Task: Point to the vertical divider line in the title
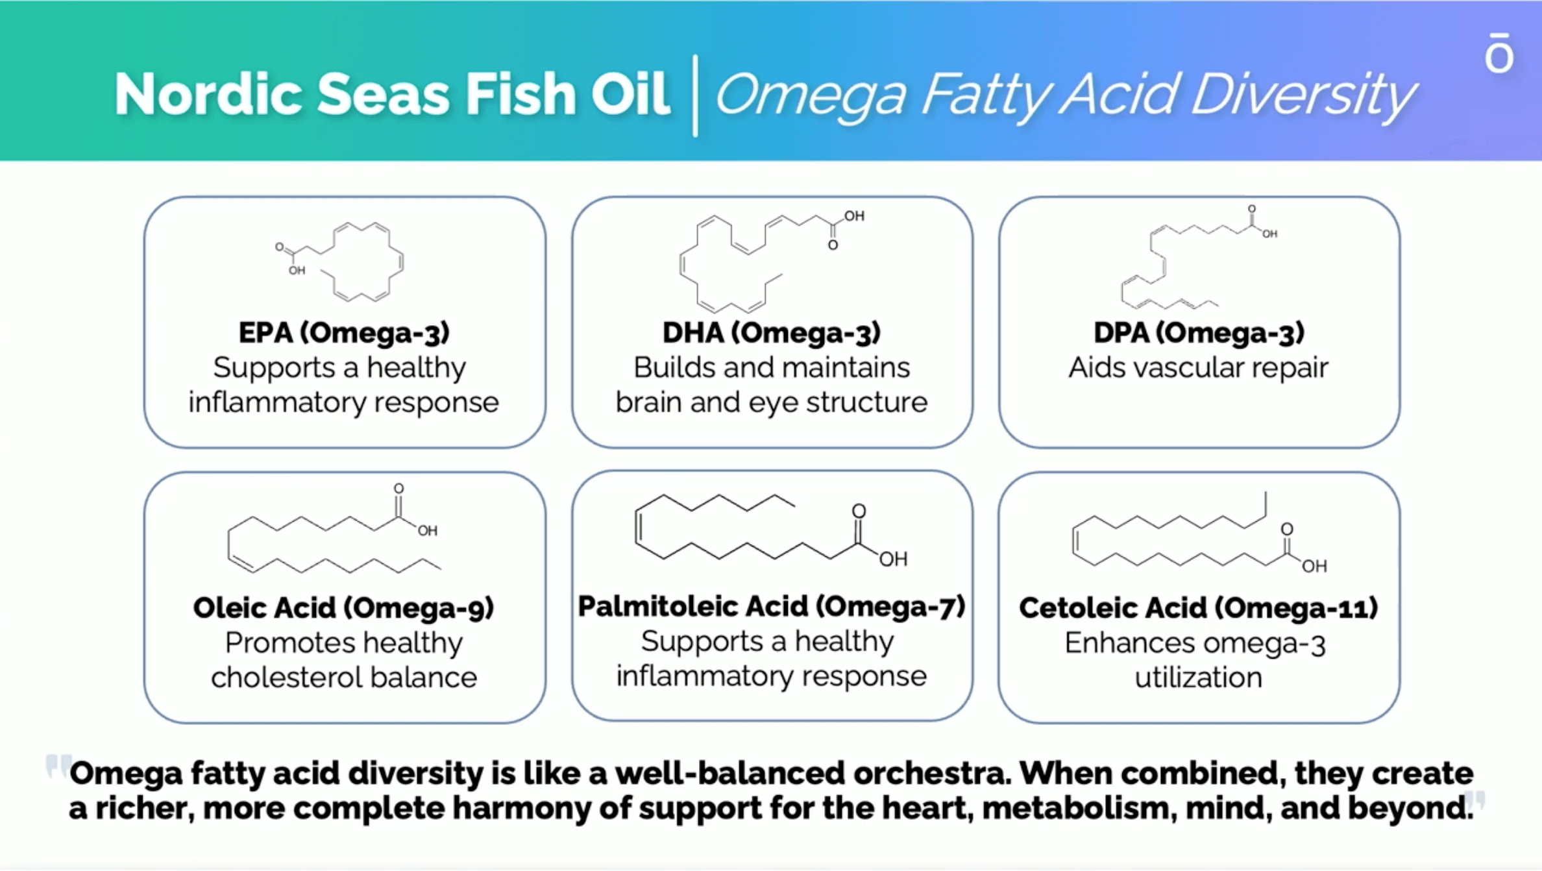[695, 95]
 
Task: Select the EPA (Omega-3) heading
[344, 332]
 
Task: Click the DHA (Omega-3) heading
[772, 332]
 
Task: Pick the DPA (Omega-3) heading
[1199, 332]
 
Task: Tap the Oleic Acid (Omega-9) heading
[344, 607]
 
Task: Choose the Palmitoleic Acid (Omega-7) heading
[772, 606]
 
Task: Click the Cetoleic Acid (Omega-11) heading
[1199, 607]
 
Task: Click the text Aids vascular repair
[1199, 367]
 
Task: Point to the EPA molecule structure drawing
[339, 262]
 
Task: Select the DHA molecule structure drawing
[772, 262]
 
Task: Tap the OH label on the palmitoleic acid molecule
[893, 559]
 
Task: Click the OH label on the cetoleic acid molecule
[1314, 566]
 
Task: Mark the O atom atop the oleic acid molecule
[398, 488]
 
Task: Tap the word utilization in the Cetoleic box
[1199, 678]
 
